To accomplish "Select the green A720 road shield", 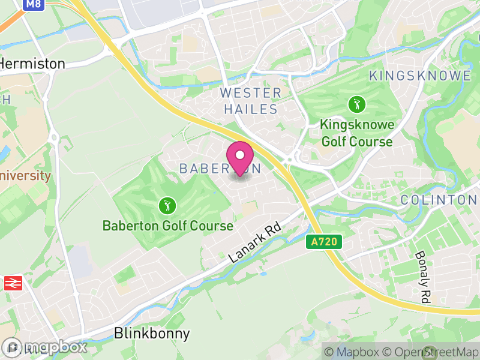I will [324, 242].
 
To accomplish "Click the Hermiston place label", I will [32, 63].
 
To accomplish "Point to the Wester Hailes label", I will [251, 101].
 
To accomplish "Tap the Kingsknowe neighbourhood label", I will [419, 76].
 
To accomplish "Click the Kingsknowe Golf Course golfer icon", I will [357, 105].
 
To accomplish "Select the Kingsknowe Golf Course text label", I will [357, 133].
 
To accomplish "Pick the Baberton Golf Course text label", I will [167, 226].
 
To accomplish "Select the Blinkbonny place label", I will [152, 334].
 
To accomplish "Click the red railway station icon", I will [13, 284].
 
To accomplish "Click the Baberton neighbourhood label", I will [220, 169].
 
